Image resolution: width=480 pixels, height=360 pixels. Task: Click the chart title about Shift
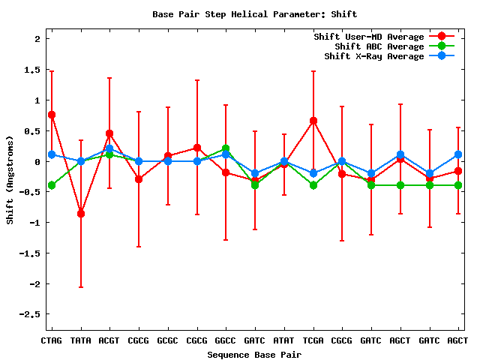[254, 14]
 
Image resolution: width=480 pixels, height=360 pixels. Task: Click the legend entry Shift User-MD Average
[374, 37]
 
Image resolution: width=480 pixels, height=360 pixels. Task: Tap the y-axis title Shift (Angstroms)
[10, 180]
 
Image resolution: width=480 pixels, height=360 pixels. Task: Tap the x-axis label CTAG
[51, 340]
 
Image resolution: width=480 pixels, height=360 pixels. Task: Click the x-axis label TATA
[80, 340]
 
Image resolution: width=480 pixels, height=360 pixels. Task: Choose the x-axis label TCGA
[313, 340]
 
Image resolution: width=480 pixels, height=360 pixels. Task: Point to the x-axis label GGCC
[226, 340]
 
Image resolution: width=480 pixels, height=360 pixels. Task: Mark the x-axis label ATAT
[283, 340]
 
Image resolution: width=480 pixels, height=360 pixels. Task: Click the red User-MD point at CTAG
[52, 115]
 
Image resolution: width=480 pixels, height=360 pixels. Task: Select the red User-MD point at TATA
[81, 214]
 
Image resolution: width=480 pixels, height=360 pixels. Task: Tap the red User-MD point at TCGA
[313, 121]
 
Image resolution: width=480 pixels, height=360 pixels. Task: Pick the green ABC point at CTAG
[52, 185]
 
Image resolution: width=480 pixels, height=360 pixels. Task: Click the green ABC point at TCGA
[313, 185]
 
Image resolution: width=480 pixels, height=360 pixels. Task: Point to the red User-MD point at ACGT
[109, 133]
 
